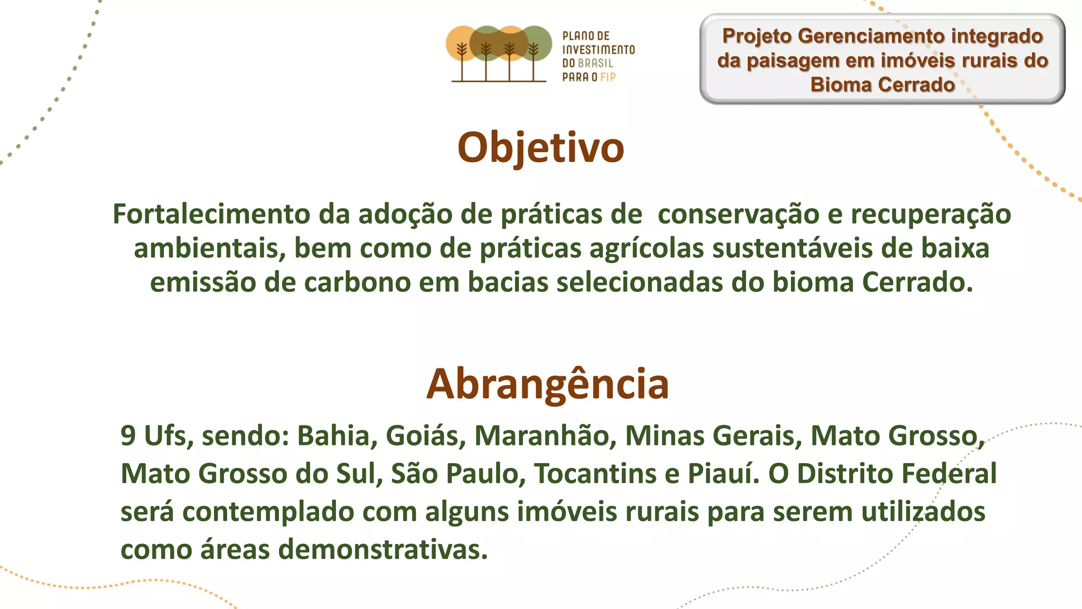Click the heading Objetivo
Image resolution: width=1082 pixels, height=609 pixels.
coord(540,147)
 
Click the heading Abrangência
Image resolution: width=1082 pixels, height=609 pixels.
coord(547,384)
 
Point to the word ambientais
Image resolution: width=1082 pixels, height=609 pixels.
coord(209,248)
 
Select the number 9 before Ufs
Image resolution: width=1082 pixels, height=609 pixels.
coord(128,436)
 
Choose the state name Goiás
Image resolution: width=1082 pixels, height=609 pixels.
coord(425,436)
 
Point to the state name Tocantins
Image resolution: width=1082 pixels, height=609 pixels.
coord(595,474)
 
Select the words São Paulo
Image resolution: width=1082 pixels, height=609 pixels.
coord(458,474)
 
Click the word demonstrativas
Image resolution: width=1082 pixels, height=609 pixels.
coord(383,550)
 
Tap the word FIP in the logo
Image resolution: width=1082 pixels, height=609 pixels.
coord(608,77)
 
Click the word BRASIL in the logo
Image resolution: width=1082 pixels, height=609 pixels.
coord(596,63)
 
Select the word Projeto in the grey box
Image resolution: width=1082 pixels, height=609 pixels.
coord(757,36)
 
